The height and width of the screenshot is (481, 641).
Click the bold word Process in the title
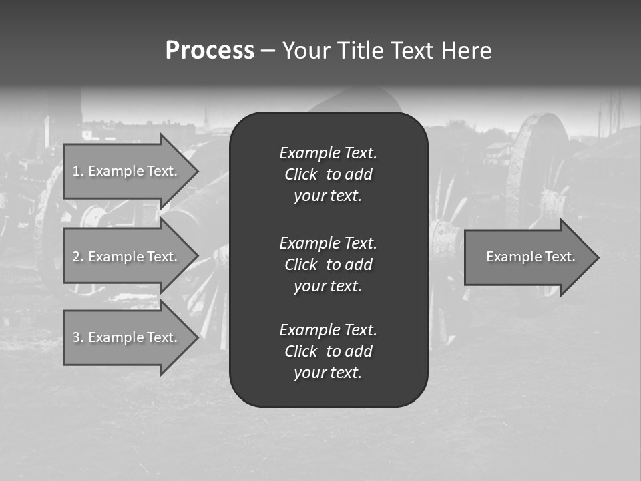[210, 51]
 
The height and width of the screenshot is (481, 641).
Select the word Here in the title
[466, 51]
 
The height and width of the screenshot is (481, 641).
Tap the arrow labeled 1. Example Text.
[125, 171]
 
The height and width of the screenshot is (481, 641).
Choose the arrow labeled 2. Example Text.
[125, 257]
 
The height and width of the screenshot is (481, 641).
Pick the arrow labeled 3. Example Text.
[125, 337]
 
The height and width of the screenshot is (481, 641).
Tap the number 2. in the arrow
[78, 257]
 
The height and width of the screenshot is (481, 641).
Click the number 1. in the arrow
[78, 171]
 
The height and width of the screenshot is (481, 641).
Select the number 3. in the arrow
[78, 337]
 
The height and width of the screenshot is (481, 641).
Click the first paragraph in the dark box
[328, 174]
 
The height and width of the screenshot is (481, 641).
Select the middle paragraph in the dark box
[328, 264]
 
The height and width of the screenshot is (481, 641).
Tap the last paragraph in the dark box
[328, 351]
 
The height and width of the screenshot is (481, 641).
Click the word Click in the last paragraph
[301, 351]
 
